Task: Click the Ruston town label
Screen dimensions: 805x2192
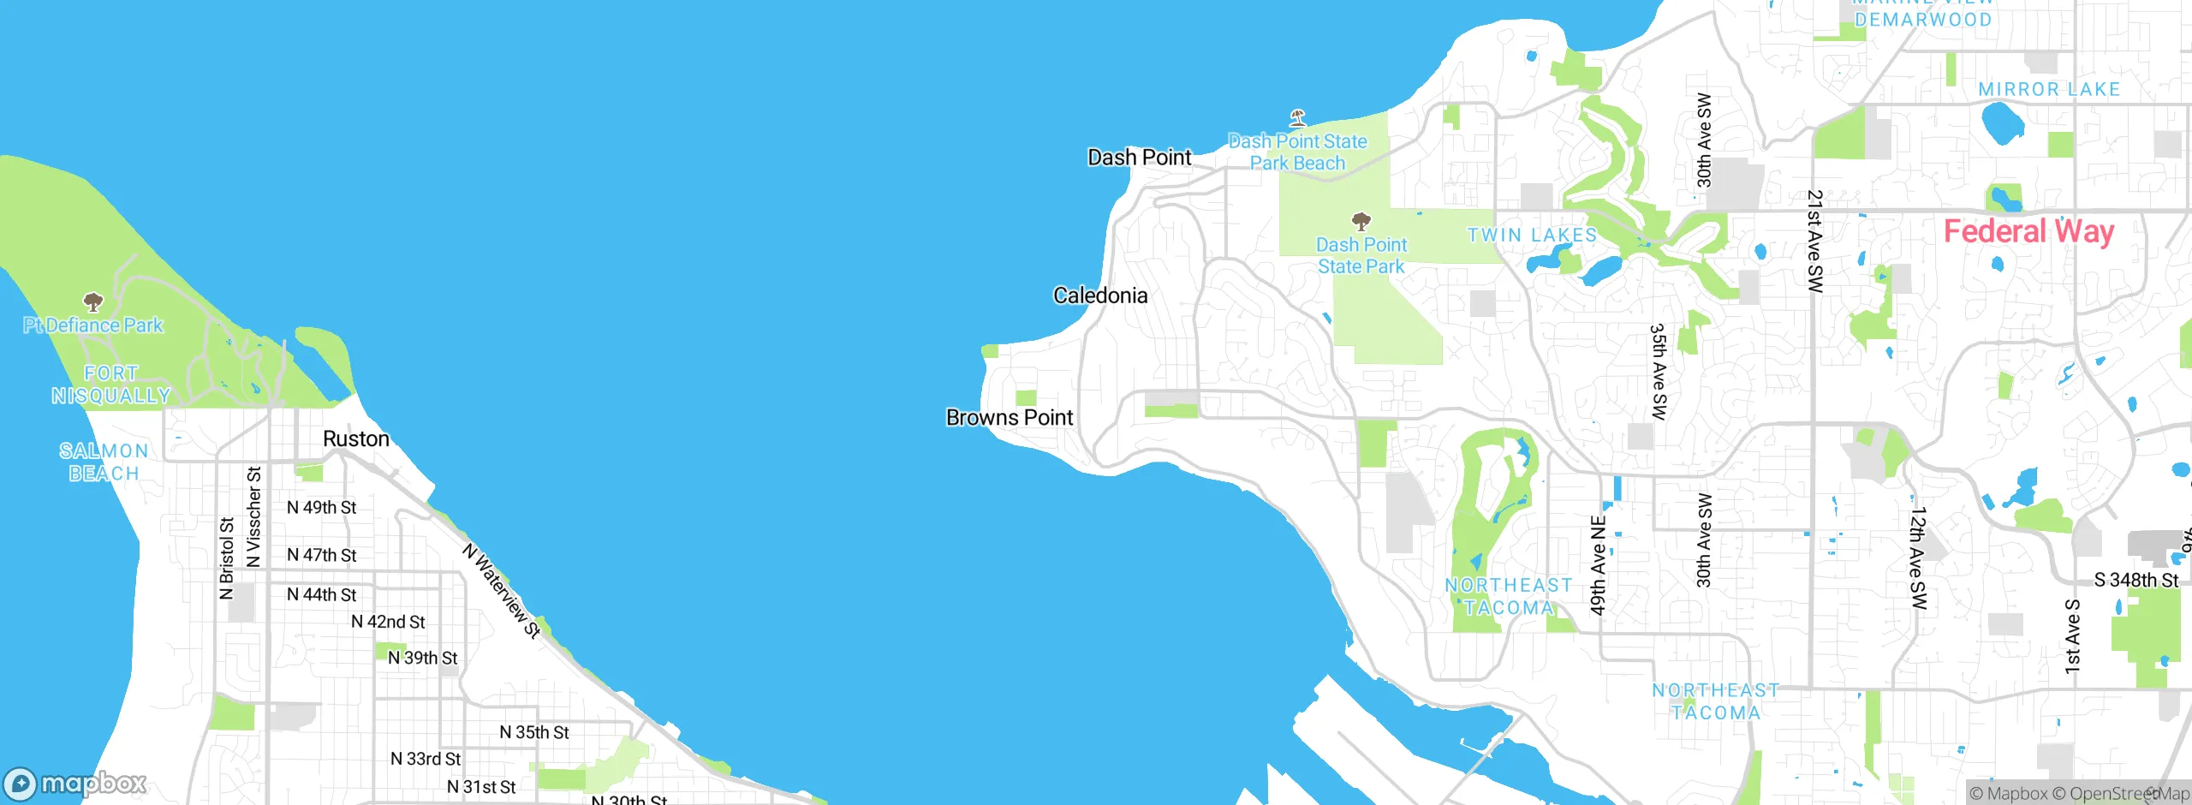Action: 355,438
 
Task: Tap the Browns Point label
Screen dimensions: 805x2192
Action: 1009,418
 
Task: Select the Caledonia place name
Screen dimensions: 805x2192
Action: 1100,295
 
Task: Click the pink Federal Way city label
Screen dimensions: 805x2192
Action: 2028,231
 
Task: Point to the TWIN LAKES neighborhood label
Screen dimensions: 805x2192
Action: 1532,235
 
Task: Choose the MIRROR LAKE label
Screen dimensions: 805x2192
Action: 2049,89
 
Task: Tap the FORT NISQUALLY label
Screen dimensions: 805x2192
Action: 111,385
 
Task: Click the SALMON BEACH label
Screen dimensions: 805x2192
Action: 104,462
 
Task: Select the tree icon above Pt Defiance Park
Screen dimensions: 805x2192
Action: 92,301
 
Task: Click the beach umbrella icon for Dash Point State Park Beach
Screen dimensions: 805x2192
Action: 1298,117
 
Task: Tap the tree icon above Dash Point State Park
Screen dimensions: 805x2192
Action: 1361,222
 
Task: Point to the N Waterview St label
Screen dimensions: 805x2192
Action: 502,591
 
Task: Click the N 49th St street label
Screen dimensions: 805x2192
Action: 321,507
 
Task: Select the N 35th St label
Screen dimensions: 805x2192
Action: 534,732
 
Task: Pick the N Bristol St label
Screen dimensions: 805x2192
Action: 226,558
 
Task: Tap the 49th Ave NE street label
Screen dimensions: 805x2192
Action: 1598,565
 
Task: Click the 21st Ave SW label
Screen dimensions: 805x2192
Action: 1814,241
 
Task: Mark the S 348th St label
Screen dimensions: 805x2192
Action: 2135,580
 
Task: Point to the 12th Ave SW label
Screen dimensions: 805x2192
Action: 1918,558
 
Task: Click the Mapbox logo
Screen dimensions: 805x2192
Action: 75,783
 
